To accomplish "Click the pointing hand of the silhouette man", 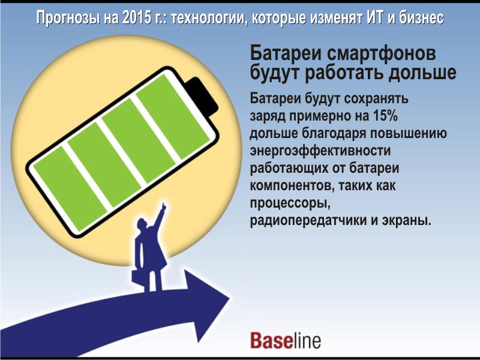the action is click(x=164, y=207).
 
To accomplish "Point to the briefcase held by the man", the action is click(x=139, y=278).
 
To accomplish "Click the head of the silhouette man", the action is click(x=142, y=224).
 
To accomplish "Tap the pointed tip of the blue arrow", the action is click(x=229, y=298).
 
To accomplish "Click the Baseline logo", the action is click(x=286, y=340).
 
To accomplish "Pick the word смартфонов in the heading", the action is click(x=381, y=53).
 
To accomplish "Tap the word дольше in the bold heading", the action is click(x=422, y=73).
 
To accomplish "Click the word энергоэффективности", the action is click(x=320, y=151).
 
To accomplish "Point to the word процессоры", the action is click(x=290, y=203).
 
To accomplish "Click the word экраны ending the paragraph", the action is click(x=407, y=221).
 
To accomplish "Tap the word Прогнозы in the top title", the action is click(x=68, y=19).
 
